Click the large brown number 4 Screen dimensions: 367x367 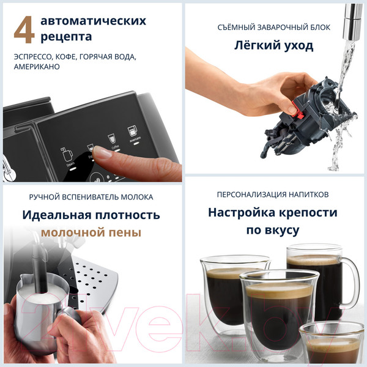pos(24,30)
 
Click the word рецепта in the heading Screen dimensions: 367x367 pos(66,37)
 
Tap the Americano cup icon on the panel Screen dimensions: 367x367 pos(132,132)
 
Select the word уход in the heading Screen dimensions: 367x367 pos(298,46)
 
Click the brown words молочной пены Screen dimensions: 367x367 pos(91,232)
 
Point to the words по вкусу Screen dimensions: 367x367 pos(273,231)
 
